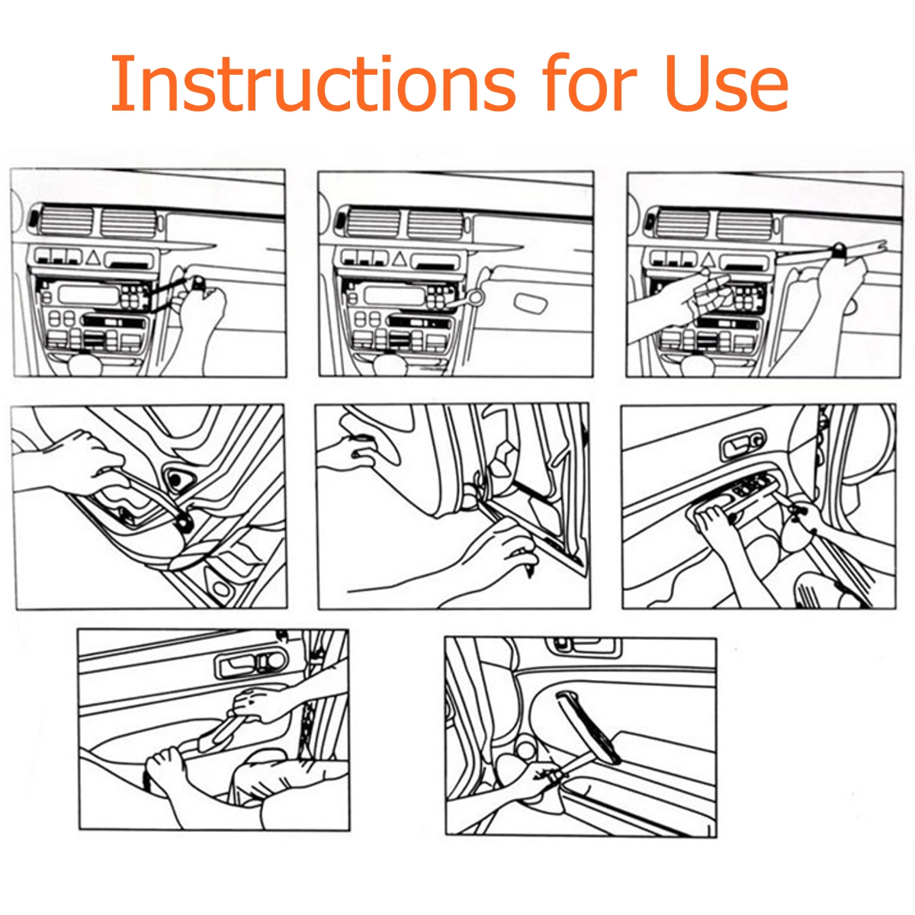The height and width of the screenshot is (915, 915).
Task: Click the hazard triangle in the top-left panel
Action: coord(93,259)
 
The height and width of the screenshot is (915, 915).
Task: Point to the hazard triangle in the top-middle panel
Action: coord(400,259)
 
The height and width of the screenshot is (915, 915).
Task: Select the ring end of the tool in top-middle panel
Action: coord(477,297)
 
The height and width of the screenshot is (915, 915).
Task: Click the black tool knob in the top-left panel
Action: coord(198,284)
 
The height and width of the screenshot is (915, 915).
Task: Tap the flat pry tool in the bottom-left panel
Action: coord(217,732)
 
